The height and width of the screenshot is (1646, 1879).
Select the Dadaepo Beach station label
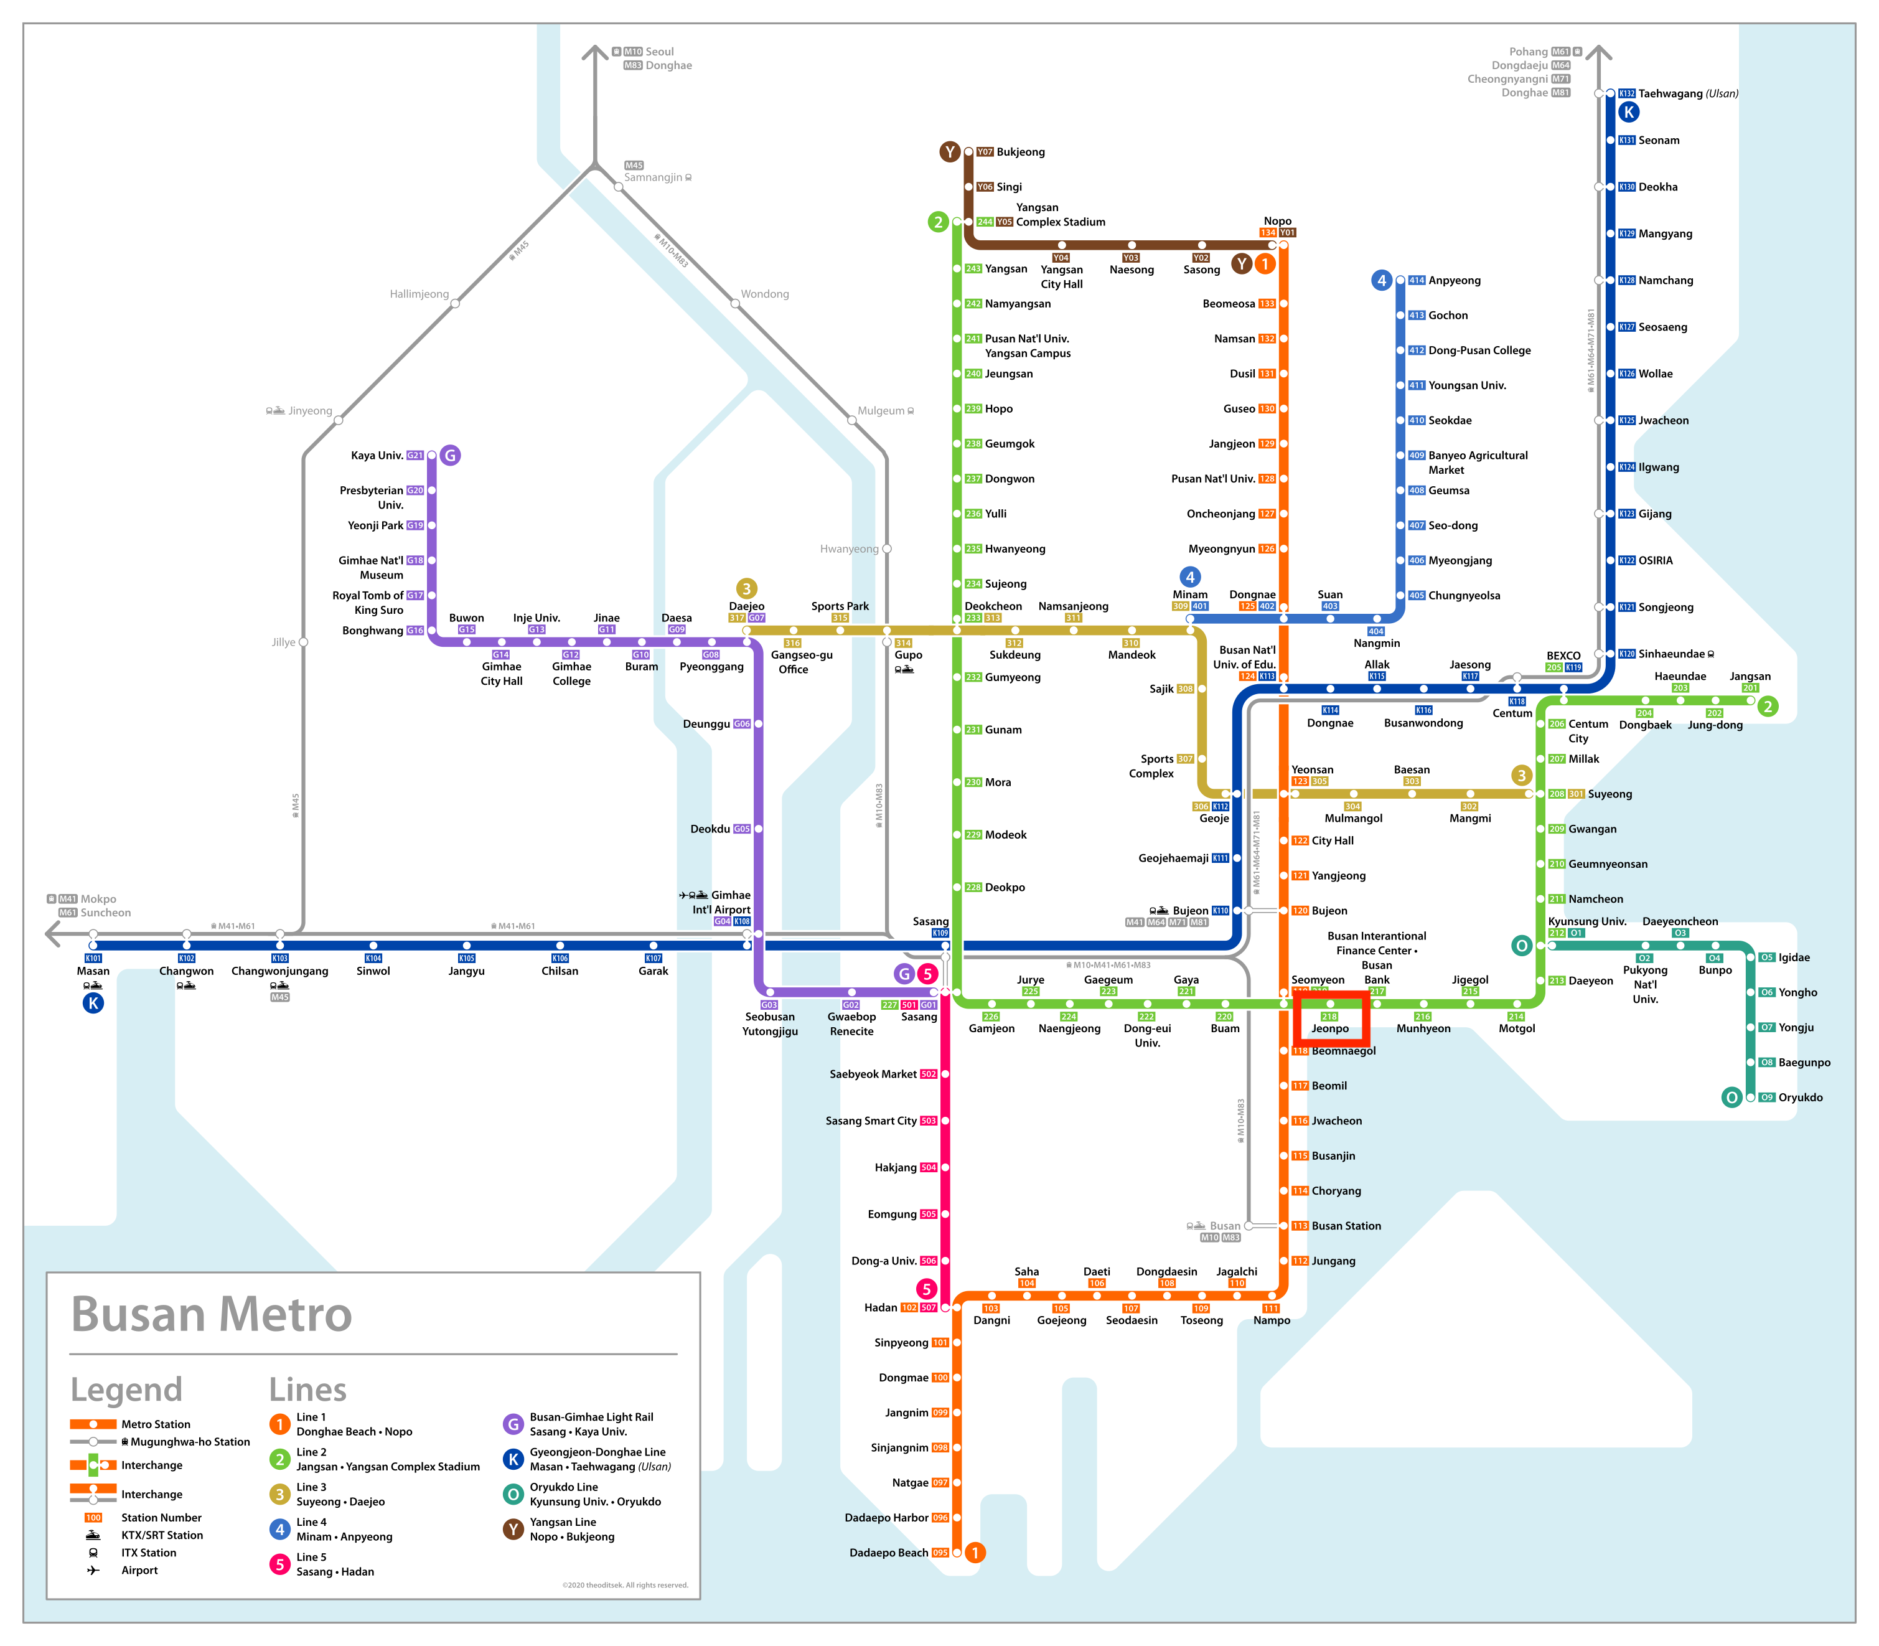coord(888,1553)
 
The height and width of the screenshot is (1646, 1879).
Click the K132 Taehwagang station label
coord(1687,93)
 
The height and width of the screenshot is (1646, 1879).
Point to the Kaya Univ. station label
coord(377,456)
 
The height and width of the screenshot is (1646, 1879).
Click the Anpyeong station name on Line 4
coord(1454,280)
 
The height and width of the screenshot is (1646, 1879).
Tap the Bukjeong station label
coord(1019,151)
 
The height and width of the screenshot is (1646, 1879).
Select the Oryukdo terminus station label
coord(1800,1097)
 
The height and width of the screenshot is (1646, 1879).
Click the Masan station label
coord(93,971)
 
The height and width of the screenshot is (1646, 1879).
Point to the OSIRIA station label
coord(1655,560)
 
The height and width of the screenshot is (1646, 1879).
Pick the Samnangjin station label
coord(653,177)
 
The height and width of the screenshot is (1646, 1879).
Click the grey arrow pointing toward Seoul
coord(595,54)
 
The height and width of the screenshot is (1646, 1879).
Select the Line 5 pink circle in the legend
coord(280,1563)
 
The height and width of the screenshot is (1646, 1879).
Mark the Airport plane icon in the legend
coord(93,1570)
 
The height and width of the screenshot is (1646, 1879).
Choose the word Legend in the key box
coord(127,1390)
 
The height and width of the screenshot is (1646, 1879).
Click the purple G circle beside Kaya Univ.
coord(450,456)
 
